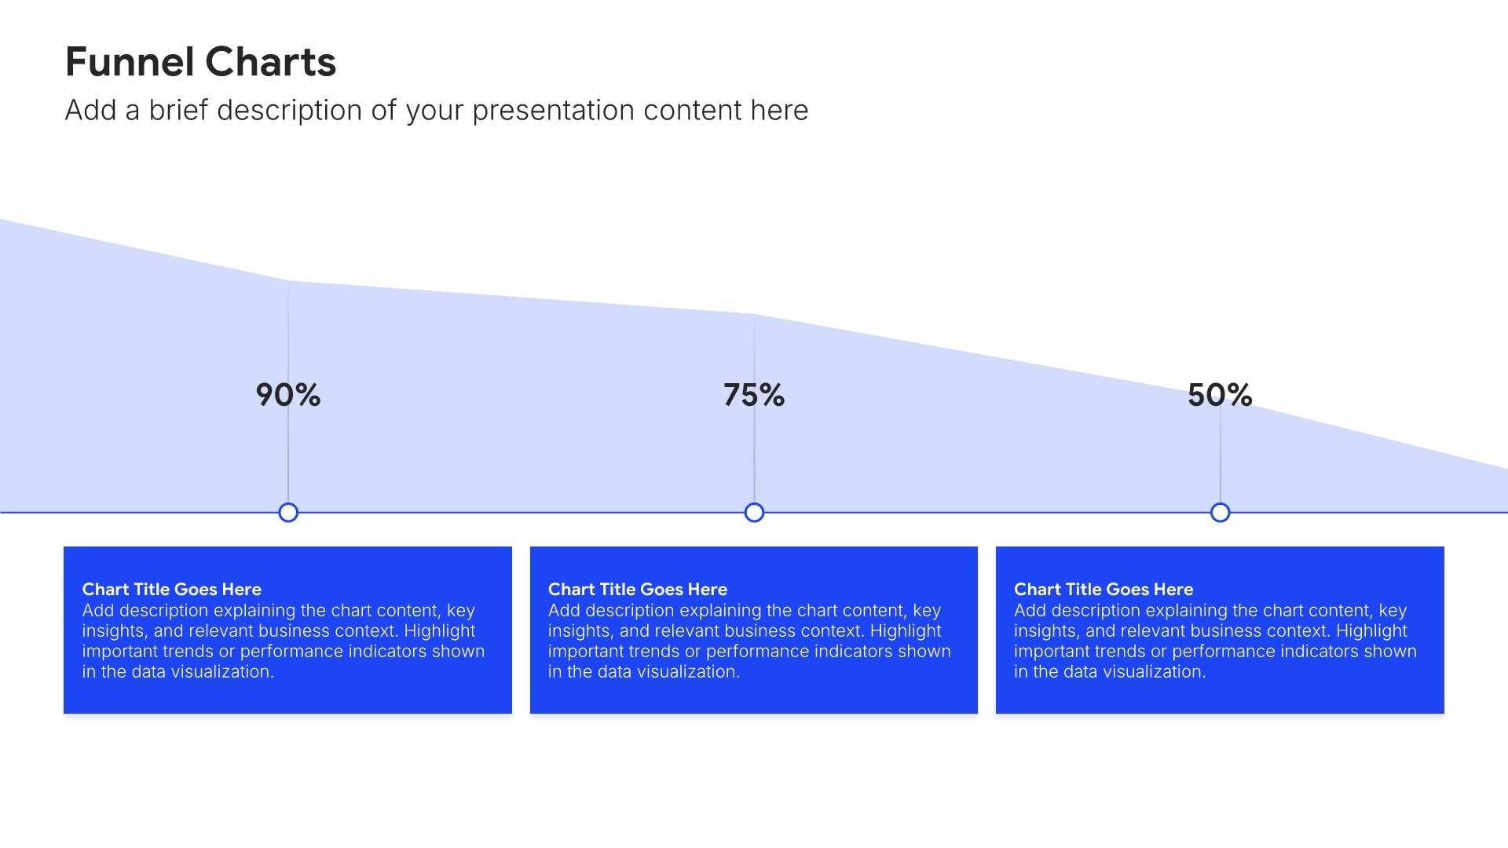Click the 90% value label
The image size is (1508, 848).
(288, 395)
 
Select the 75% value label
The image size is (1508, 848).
(754, 395)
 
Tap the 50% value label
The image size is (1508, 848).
(1220, 395)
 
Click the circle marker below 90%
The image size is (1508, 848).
(288, 513)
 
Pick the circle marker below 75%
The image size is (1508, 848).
(754, 513)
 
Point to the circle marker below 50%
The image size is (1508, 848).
(1220, 513)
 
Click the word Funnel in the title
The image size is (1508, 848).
(130, 62)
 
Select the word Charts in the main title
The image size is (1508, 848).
(271, 62)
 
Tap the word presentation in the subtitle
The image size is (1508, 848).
(554, 111)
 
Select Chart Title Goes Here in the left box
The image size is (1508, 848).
(171, 589)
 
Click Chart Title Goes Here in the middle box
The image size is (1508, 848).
(637, 589)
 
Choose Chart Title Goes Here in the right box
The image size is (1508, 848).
(1103, 589)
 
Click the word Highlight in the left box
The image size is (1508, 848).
(439, 631)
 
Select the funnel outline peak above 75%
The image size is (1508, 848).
(754, 314)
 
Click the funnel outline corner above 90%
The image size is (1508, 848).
(287, 280)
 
